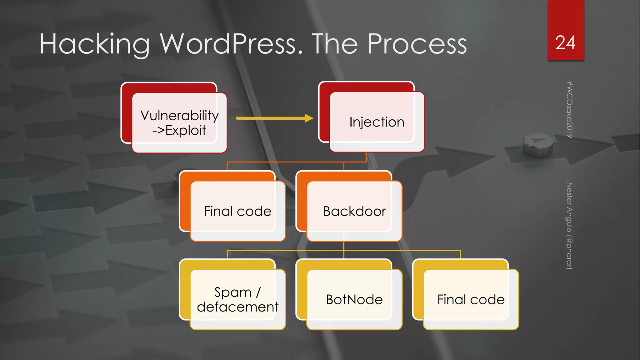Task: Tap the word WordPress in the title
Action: (x=232, y=44)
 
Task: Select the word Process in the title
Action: (x=417, y=44)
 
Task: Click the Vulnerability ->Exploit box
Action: (x=179, y=122)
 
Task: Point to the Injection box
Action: (x=377, y=122)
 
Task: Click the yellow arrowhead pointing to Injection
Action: (x=309, y=118)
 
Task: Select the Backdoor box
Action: (x=354, y=211)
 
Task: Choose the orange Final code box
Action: (x=237, y=211)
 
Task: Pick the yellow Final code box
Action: (x=471, y=299)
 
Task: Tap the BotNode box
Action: (x=354, y=299)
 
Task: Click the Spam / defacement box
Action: (x=237, y=299)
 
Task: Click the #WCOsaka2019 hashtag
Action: (x=569, y=109)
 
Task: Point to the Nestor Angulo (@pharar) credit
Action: (x=569, y=226)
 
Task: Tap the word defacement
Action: (x=237, y=307)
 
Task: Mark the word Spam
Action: (x=233, y=292)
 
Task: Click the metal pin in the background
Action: (x=537, y=145)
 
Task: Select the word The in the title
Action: (x=335, y=44)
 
